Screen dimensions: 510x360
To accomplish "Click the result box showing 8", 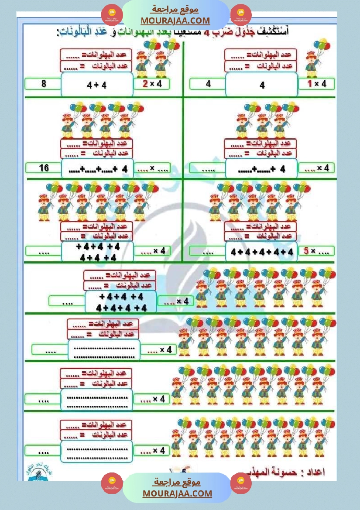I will coord(43,84).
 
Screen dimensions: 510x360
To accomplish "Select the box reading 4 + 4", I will coord(96,85).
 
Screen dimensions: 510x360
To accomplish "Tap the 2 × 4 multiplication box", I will coord(151,84).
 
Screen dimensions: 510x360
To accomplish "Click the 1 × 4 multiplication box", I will coord(316,84).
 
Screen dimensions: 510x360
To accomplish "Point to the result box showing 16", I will coord(43,168).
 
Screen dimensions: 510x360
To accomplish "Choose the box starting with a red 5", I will coord(316,251).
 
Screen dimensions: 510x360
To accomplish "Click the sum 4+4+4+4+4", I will coord(262,252).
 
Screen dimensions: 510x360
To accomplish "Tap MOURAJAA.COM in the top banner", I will coord(175,21).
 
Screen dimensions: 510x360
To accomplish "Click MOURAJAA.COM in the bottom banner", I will coord(177,493).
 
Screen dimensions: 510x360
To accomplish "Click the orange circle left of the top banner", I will coord(112,14).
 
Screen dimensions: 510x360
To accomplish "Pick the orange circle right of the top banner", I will coord(240,14).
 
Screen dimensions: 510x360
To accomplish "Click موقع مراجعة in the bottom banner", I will coord(177,483).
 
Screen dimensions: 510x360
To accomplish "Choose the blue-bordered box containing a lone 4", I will coord(262,85).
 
